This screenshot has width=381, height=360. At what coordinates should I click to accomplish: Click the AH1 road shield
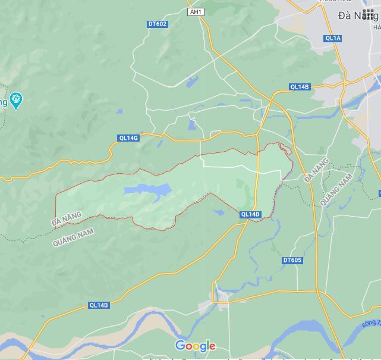tap(195, 12)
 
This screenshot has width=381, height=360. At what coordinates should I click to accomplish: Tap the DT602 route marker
tap(158, 24)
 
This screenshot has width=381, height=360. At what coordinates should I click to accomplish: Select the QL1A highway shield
tap(333, 38)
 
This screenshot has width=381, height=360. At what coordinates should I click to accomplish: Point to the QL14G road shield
tap(128, 138)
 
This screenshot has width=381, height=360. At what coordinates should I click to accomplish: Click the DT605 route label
tap(292, 260)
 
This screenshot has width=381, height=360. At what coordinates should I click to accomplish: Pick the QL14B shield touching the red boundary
tap(250, 214)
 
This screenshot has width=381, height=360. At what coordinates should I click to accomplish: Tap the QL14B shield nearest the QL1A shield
tap(300, 87)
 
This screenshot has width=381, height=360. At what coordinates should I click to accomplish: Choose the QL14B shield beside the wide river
tap(99, 305)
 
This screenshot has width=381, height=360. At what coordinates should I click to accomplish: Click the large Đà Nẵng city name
tap(357, 16)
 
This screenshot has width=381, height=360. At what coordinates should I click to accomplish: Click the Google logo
tap(195, 346)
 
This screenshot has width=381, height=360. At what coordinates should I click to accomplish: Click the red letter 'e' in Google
tap(212, 346)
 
